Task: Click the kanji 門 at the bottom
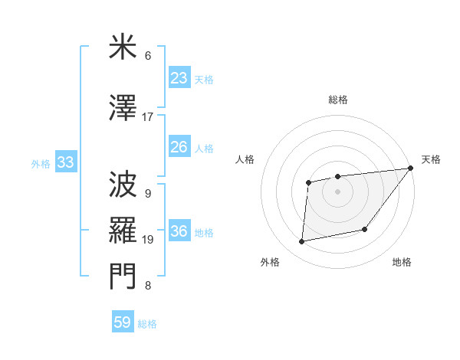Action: point(123,276)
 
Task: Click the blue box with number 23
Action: point(179,78)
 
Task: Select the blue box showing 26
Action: point(179,147)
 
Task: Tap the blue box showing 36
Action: point(179,232)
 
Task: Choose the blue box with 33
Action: point(65,162)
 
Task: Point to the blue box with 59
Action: point(122,322)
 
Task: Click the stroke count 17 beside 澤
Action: point(148,117)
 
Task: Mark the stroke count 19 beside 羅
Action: point(148,240)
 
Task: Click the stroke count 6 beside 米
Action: point(148,56)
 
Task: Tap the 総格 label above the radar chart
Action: point(337,100)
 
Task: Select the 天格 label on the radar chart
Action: point(431,159)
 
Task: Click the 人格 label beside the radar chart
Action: point(245,159)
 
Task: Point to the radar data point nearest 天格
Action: point(410,168)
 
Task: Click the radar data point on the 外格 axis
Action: point(302,242)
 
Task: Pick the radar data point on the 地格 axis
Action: point(366,230)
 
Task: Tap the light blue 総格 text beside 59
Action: point(147,324)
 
